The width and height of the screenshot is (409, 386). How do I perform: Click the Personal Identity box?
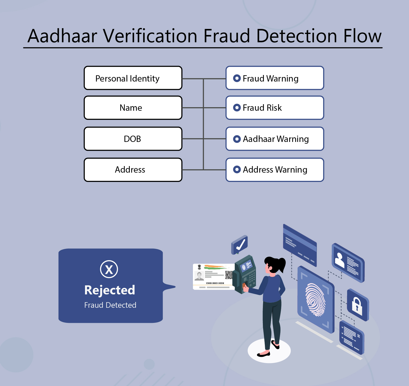coord(133,78)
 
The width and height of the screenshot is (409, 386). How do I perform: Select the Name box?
coord(133,108)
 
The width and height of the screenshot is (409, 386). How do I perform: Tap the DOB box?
coord(133,139)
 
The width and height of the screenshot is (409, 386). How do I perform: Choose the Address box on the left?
coord(133,170)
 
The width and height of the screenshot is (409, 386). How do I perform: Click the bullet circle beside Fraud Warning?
coord(237,78)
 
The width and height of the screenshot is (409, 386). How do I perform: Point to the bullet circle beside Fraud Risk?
coord(237,108)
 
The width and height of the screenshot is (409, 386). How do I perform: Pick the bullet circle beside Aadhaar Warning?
coord(237,139)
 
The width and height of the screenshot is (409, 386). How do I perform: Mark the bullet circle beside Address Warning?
coord(237,170)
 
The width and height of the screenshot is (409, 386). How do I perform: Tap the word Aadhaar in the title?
coord(62,36)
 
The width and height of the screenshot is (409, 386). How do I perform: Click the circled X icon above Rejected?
coord(109,269)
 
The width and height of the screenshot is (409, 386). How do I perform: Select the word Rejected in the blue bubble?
coord(110,290)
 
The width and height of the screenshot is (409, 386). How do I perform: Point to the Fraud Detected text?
coord(110,305)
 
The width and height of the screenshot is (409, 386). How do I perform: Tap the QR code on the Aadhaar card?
coord(229,275)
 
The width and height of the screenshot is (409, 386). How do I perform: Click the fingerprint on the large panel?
coord(315,299)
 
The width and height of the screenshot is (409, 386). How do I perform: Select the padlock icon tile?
coord(357,305)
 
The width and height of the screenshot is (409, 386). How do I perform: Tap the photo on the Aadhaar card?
coord(199,276)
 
